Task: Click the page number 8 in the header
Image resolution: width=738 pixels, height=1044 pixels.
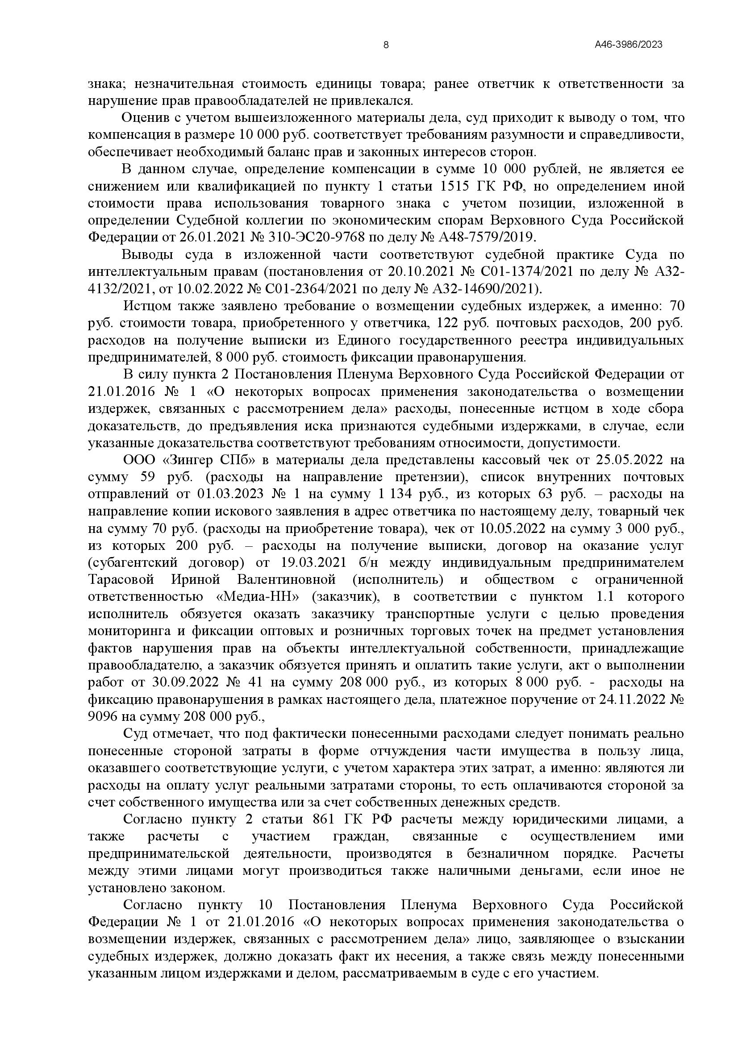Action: point(386,45)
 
